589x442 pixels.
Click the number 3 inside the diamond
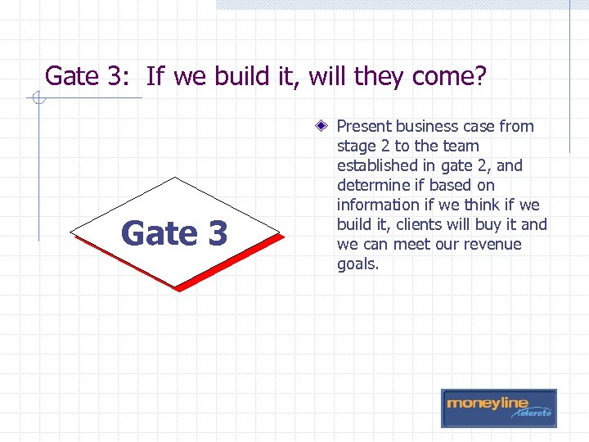click(216, 233)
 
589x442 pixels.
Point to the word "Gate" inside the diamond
click(159, 233)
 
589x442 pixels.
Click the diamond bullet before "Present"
click(325, 126)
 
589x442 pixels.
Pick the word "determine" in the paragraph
click(371, 185)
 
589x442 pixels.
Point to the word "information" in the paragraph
click(379, 205)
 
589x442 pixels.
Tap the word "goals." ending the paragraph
click(358, 264)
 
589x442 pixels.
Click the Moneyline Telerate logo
click(499, 408)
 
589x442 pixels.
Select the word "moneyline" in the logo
click(488, 404)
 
